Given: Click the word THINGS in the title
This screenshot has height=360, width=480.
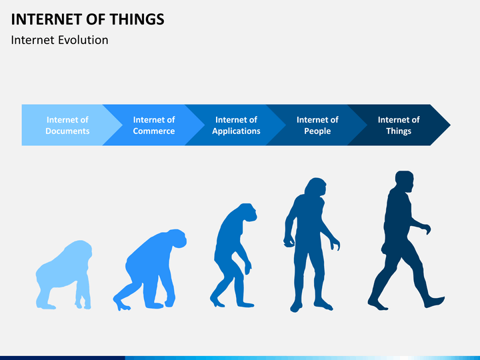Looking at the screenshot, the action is (137, 19).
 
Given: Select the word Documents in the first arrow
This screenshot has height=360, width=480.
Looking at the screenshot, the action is (67, 131).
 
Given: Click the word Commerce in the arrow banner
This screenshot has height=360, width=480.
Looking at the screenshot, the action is (154, 131).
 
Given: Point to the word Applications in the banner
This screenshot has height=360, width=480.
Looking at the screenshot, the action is (236, 131).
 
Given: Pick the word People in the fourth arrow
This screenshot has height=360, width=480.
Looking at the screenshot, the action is (317, 131).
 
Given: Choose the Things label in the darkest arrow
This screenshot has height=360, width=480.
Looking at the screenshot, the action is (399, 131).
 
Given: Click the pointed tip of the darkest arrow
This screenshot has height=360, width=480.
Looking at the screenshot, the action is (450, 125).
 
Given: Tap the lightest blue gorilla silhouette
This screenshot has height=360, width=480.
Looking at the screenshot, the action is (64, 275).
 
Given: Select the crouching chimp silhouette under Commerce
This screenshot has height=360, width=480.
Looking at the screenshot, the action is (150, 270).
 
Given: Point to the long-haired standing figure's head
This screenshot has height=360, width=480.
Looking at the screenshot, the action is (316, 187).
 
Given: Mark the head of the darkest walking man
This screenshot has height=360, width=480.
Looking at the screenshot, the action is (405, 181).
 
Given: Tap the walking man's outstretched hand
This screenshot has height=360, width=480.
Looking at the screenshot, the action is (427, 229).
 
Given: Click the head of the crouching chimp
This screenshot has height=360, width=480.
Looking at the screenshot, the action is (177, 238).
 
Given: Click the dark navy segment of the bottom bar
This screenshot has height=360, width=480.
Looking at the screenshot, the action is (63, 358).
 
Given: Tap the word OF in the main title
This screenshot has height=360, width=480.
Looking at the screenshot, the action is (95, 19).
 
